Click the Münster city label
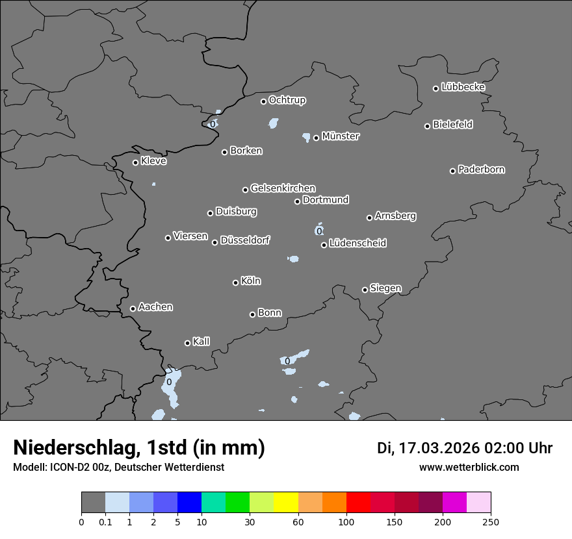[x=341, y=136]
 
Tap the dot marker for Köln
[x=235, y=282]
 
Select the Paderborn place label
[x=482, y=169]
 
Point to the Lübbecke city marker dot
[x=435, y=88]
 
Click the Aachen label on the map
[x=155, y=307]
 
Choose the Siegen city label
[x=385, y=288]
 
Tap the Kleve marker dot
[x=135, y=162]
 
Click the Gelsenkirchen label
[x=283, y=188]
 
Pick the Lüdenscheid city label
[x=357, y=244]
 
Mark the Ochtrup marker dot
[x=263, y=101]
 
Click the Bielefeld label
[x=452, y=125]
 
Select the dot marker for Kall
[x=187, y=343]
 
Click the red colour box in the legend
[x=358, y=503]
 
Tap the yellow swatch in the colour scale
[x=286, y=503]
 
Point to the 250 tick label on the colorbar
[x=491, y=521]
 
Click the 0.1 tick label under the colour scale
[x=105, y=521]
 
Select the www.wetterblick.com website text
[x=469, y=468]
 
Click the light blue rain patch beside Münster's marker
[x=307, y=137]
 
